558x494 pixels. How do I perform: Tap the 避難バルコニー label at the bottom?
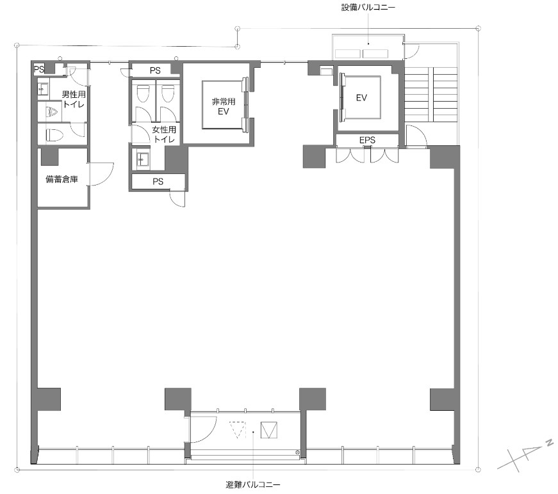pyautogui.click(x=253, y=485)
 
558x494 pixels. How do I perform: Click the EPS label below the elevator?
pyautogui.click(x=367, y=139)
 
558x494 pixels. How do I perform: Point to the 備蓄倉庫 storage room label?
pyautogui.click(x=62, y=180)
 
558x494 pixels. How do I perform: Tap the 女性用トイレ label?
pyautogui.click(x=164, y=135)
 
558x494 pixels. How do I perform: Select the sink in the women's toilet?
pyautogui.click(x=140, y=159)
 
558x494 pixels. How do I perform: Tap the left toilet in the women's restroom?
pyautogui.click(x=143, y=93)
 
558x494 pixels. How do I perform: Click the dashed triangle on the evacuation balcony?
pyautogui.click(x=238, y=430)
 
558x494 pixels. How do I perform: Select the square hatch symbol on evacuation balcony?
pyautogui.click(x=269, y=429)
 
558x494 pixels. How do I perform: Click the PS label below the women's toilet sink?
pyautogui.click(x=158, y=182)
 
